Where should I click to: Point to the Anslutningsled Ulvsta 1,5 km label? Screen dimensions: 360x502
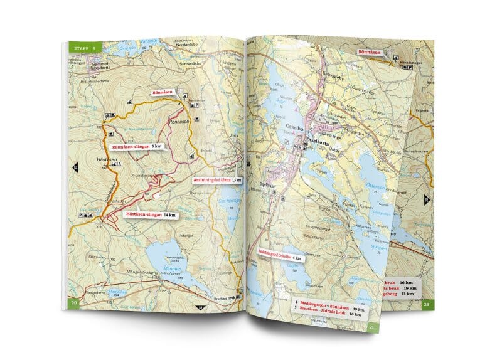tap(216, 181)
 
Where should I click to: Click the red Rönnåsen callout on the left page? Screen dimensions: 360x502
tap(164, 92)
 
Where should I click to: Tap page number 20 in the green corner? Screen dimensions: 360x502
tap(74, 304)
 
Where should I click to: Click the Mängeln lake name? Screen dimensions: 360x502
tap(162, 265)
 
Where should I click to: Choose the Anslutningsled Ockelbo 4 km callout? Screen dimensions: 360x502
tap(280, 255)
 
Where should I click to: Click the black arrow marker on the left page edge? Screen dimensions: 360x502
tap(75, 167)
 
